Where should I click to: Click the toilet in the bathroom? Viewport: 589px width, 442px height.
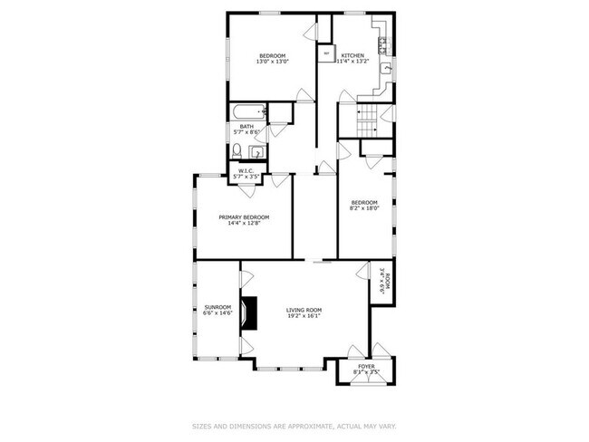237,150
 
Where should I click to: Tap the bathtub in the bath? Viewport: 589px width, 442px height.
246,112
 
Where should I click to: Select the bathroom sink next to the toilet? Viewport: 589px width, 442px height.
256,151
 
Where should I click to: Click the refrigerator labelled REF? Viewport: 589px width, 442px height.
326,53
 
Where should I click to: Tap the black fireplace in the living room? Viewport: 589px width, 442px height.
248,312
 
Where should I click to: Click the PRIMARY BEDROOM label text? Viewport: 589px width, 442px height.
244,217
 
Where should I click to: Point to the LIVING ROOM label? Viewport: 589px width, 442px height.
304,310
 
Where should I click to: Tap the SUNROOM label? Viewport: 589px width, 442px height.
217,308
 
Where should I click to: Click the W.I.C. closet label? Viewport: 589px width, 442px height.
246,170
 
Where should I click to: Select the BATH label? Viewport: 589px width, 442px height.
246,127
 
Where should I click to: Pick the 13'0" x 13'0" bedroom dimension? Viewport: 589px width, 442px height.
273,62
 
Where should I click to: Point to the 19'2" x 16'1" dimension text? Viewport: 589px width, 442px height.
304,316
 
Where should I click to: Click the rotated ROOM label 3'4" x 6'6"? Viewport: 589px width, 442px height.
386,279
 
